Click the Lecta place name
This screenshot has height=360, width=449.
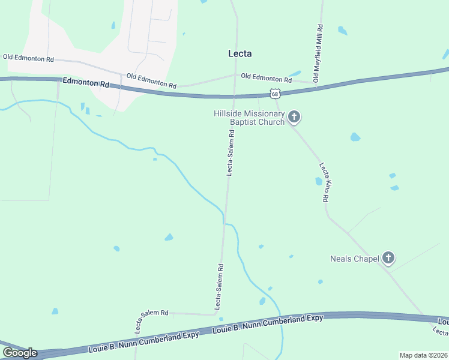[x=240, y=53]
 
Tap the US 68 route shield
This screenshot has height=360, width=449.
[x=275, y=94]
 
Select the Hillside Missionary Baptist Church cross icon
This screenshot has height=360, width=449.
[x=294, y=117]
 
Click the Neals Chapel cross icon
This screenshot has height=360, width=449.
[x=388, y=259]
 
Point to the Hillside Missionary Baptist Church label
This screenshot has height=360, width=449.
[x=249, y=118]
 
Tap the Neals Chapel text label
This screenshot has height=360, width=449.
[x=354, y=259]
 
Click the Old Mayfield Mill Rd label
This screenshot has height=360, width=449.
[x=319, y=54]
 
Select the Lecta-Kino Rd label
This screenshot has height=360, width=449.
[x=325, y=182]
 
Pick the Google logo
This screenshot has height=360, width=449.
[x=20, y=352]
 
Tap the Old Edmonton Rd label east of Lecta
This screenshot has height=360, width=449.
[x=266, y=78]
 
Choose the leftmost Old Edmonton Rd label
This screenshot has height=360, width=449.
[x=28, y=58]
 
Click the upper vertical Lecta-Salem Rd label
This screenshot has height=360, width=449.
[x=230, y=155]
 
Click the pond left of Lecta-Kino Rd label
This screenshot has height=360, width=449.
[x=318, y=181]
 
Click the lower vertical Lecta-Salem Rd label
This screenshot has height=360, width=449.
[x=220, y=281]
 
